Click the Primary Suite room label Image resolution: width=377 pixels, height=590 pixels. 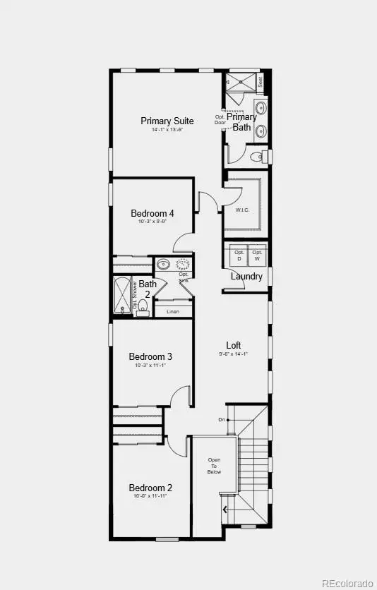tap(167, 121)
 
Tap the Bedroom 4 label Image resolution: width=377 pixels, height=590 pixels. tap(152, 213)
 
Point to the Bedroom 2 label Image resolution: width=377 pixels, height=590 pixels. tap(150, 488)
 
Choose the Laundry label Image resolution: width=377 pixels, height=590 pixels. tap(246, 277)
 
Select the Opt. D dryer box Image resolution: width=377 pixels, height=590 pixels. tap(239, 255)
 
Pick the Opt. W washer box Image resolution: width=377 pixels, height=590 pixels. tap(257, 255)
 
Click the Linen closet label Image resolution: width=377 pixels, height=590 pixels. tap(172, 311)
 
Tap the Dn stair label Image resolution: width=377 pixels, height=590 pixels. tap(221, 421)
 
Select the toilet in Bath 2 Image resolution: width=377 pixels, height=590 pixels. tap(143, 306)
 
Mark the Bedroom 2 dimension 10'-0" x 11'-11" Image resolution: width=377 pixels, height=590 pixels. tap(150, 497)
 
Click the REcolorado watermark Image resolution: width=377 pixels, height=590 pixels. tap(347, 583)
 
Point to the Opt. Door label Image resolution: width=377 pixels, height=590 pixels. tap(220, 119)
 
